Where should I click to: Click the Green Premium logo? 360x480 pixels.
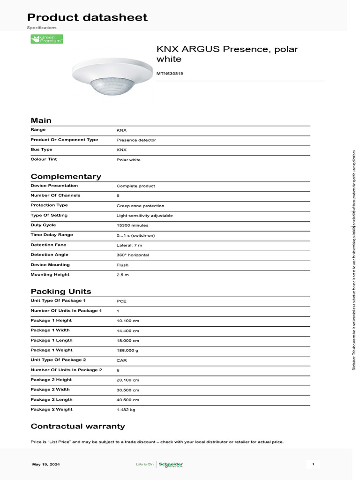(47, 39)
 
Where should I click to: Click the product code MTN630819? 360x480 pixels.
(170, 74)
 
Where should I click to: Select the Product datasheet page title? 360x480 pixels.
(87, 18)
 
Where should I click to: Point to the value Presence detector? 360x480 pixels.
(136, 140)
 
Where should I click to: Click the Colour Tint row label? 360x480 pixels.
(44, 159)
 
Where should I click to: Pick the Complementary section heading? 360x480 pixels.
(66, 177)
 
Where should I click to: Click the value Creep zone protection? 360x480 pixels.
(140, 206)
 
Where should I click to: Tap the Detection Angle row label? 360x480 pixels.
(49, 255)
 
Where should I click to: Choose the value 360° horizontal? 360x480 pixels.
(133, 255)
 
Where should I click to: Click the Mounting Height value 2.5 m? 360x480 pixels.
(122, 275)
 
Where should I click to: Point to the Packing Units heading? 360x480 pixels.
(61, 292)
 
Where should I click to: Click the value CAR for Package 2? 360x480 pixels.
(121, 360)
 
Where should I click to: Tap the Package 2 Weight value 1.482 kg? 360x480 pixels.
(126, 410)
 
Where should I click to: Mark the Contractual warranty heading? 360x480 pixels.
(78, 427)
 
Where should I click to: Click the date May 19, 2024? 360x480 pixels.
(46, 465)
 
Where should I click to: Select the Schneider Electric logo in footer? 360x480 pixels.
(171, 465)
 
